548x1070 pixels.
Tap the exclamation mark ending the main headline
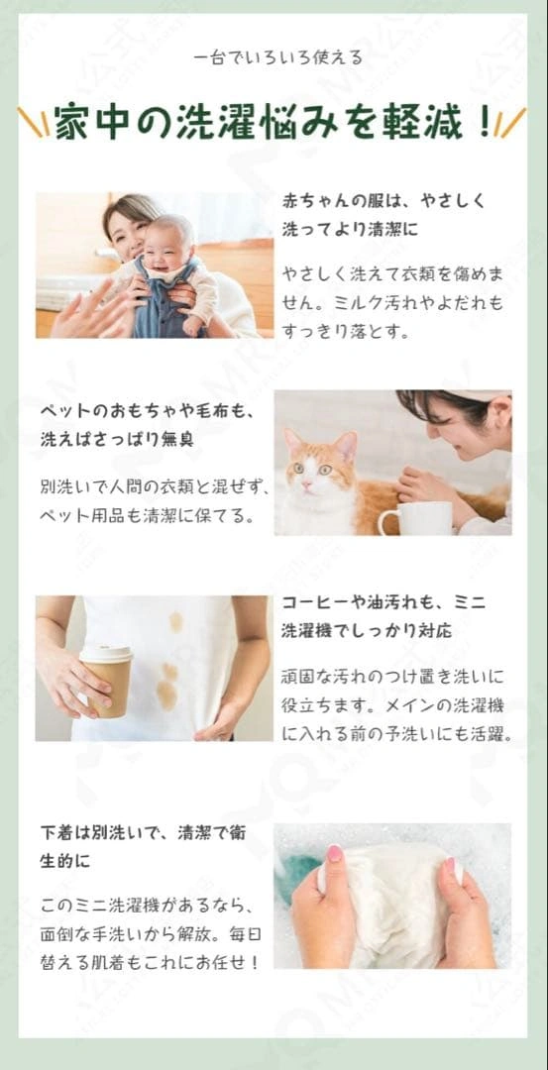[x=485, y=123]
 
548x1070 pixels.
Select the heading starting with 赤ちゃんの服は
[x=384, y=216]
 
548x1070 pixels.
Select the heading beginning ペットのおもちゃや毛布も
[x=146, y=425]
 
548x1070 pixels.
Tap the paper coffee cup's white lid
[x=106, y=653]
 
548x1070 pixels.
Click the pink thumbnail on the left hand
[x=334, y=853]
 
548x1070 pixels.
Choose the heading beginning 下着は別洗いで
[x=144, y=847]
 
